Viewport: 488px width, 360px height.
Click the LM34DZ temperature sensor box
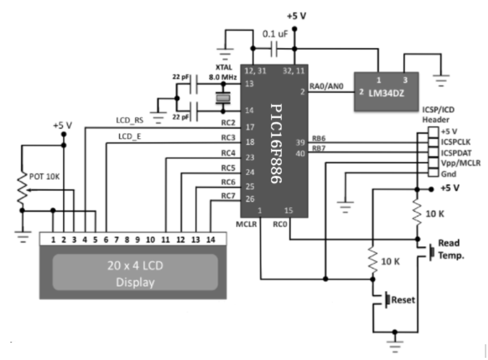coord(386,92)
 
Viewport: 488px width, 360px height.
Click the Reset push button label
coord(404,299)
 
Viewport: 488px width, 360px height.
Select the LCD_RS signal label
coord(129,119)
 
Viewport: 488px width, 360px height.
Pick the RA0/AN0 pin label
coord(328,85)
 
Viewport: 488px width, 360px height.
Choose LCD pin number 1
coord(53,239)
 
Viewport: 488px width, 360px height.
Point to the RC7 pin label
coord(229,196)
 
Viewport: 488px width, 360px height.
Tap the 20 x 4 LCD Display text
coord(135,274)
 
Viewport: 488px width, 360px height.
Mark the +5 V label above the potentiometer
coord(63,125)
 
